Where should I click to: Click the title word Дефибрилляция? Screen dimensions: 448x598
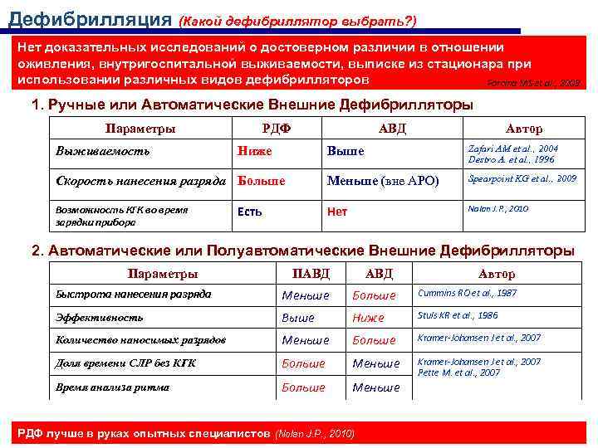(88, 18)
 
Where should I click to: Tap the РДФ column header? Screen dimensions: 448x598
(276, 129)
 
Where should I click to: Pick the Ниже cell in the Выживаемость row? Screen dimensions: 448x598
(254, 151)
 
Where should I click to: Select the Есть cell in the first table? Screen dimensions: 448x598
(249, 212)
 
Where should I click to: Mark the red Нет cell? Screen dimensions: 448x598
(337, 212)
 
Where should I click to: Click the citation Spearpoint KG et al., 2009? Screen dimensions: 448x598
(522, 178)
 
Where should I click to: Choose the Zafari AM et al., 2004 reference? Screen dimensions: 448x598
(513, 147)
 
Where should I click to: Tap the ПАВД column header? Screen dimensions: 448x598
(311, 274)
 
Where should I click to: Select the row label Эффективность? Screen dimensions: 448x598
(99, 317)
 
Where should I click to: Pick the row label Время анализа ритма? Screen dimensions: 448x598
(112, 387)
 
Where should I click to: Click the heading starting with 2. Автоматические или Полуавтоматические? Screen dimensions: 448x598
(301, 250)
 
